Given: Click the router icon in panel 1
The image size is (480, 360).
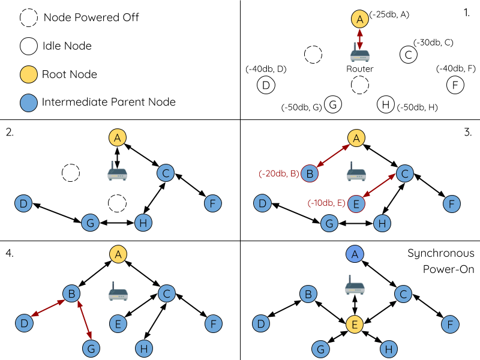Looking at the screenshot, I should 359,55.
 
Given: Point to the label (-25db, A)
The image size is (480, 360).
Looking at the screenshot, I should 389,14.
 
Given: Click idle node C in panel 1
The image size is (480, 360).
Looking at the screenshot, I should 408,55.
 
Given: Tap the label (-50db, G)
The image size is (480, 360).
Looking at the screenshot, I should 302,108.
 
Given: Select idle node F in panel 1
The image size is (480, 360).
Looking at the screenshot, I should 455,85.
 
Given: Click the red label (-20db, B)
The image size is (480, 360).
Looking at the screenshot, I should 279,173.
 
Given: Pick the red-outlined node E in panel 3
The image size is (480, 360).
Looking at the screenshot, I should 356,204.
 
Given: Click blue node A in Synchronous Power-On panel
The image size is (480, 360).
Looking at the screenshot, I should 355,254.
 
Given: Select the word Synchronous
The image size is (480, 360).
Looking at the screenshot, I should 441,253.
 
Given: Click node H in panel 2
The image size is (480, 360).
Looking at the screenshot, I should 142,223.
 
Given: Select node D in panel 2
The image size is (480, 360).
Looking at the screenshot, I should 23,203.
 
